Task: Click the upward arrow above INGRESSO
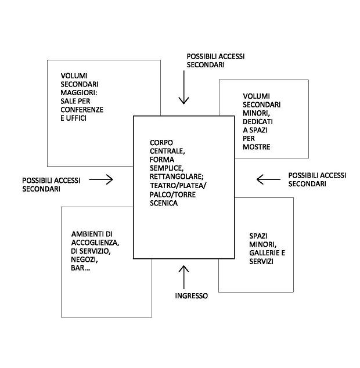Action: [184, 277]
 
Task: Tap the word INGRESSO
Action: [191, 295]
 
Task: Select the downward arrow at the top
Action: [184, 89]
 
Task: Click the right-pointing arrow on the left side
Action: [101, 180]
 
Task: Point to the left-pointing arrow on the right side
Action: [268, 179]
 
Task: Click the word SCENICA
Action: [163, 203]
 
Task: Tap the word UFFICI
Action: [76, 118]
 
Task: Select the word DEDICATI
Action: [258, 122]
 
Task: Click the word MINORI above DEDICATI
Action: [255, 113]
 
